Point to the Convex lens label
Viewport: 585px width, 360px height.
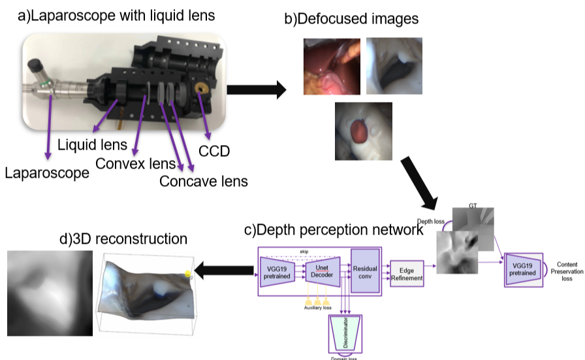point(135,162)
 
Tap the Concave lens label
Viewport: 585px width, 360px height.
point(203,181)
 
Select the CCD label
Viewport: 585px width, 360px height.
point(215,152)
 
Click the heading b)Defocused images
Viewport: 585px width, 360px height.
point(351,19)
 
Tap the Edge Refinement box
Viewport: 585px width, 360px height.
point(407,272)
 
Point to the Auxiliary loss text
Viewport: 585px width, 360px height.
point(317,307)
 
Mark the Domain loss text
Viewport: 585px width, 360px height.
point(345,357)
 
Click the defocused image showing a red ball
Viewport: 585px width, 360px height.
point(364,131)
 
